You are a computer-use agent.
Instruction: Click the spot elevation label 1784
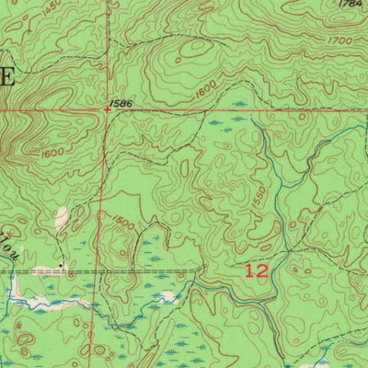tap(349, 5)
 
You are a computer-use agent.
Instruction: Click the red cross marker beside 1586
tap(108, 109)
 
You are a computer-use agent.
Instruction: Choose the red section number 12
tap(257, 272)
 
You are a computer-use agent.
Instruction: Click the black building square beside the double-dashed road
tap(62, 266)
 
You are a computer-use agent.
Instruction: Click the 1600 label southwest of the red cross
tap(52, 153)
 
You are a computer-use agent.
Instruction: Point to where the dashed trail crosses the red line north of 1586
tap(105, 49)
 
